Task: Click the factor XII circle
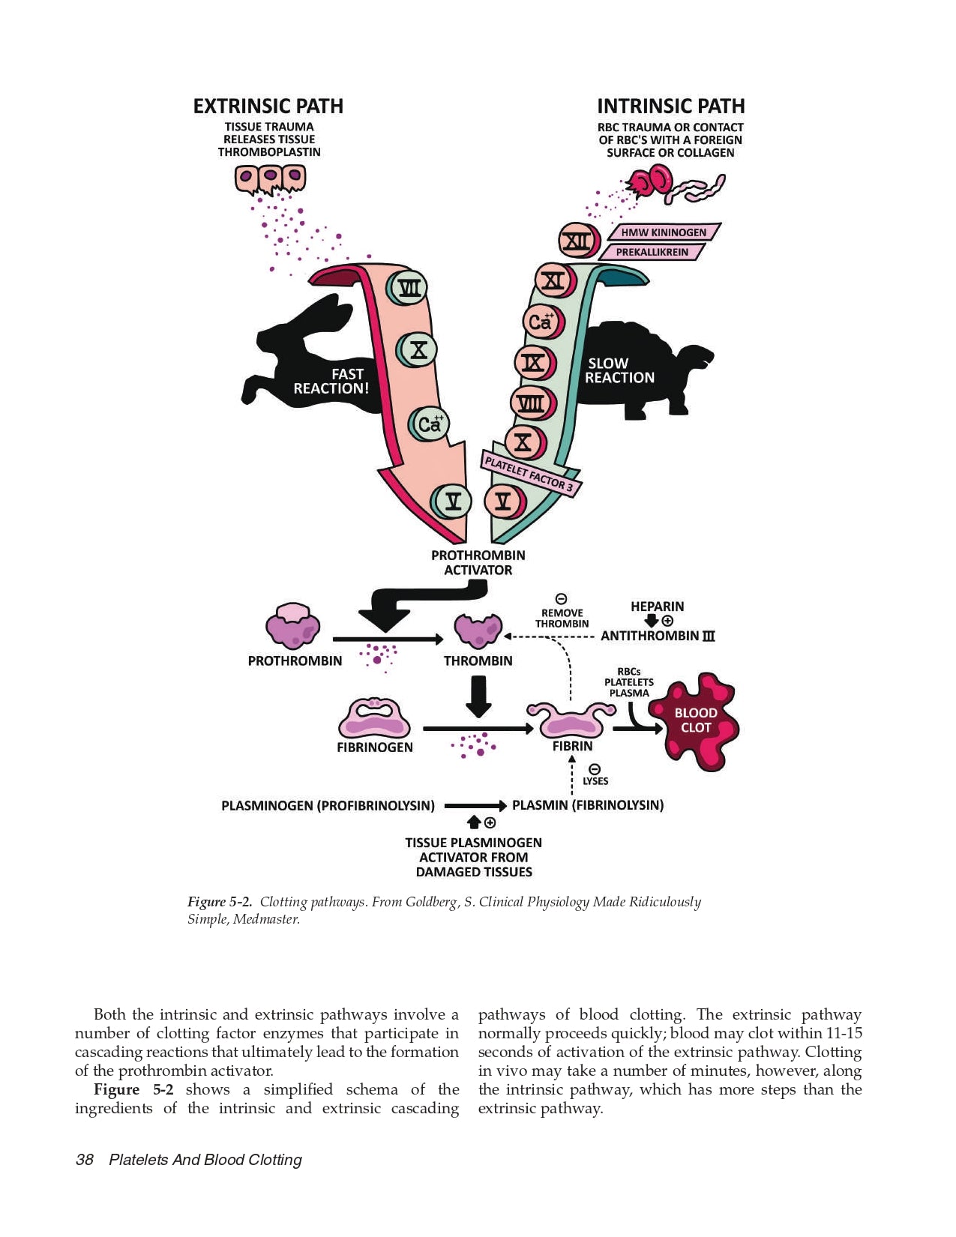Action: click(577, 241)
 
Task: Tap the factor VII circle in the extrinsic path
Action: click(409, 288)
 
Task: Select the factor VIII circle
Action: click(532, 403)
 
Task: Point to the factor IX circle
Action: click(534, 364)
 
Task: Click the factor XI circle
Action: click(553, 281)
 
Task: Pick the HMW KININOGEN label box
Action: click(664, 232)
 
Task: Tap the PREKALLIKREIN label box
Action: click(652, 252)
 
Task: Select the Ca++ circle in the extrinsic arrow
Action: click(429, 424)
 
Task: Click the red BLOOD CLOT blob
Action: click(694, 720)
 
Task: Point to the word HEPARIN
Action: click(657, 607)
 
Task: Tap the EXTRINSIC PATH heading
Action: click(268, 106)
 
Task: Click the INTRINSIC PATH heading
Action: click(670, 106)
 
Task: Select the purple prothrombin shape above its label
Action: click(293, 627)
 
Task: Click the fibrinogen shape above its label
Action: click(374, 719)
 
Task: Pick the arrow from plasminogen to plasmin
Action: click(475, 806)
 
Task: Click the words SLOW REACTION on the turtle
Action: click(619, 370)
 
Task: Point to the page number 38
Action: click(85, 1160)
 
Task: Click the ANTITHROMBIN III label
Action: click(658, 636)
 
